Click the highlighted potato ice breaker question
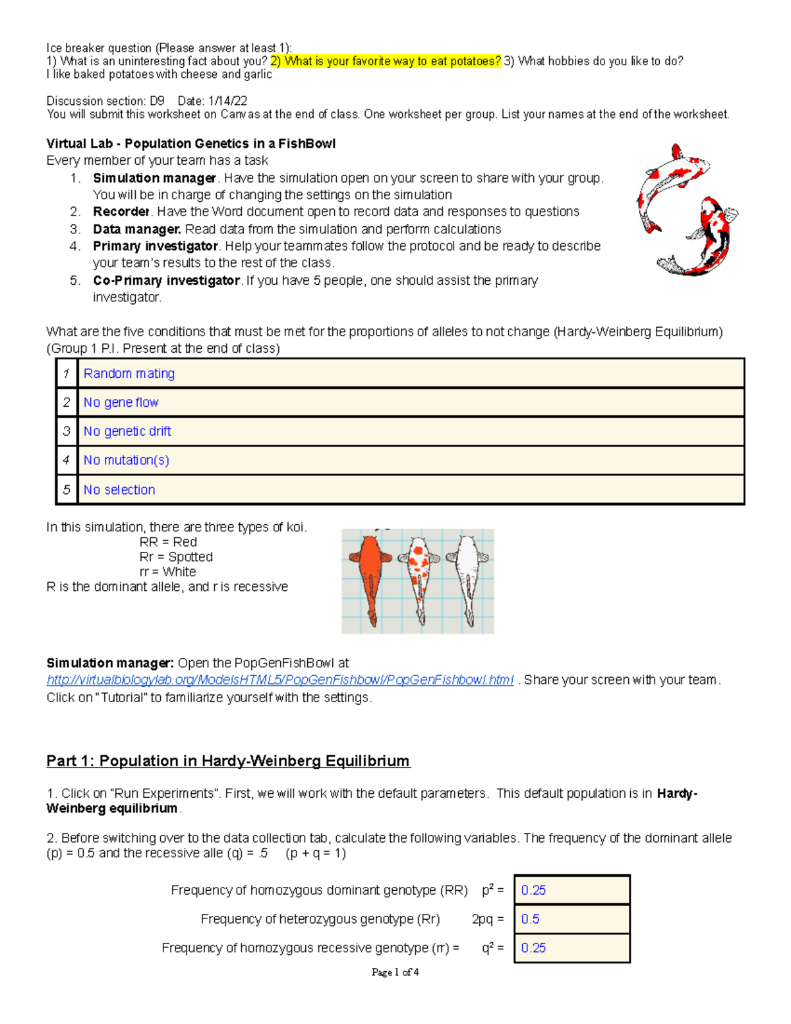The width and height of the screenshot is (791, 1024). point(386,61)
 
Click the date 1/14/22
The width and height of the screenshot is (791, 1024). point(227,101)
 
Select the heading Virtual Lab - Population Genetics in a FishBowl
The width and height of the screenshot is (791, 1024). point(190,144)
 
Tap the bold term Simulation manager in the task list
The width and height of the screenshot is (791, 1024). point(154,178)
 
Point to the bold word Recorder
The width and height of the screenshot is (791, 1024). point(121,212)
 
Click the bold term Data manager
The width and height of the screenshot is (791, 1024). point(136,229)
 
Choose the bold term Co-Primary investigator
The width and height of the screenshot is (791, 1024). point(166,280)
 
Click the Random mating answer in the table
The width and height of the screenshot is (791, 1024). point(129,374)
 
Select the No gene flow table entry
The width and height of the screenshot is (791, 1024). point(121,402)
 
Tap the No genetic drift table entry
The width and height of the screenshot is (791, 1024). point(127,431)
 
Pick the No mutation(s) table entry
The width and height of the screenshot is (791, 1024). point(126,460)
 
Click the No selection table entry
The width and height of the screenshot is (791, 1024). point(119,490)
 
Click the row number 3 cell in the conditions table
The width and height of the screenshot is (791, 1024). point(67,431)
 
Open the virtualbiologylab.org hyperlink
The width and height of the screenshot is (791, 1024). point(279,680)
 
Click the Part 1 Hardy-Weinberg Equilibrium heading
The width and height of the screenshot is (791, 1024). point(228,761)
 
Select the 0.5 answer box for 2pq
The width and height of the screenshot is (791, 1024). point(571,919)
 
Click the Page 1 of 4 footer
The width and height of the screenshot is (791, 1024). point(395,972)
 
